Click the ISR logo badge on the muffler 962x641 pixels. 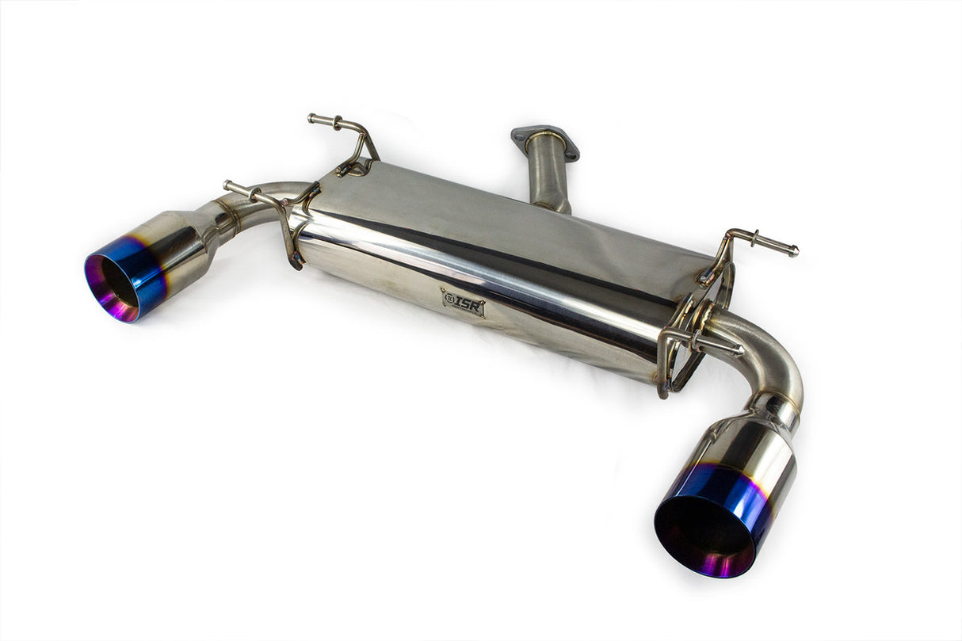[463, 302]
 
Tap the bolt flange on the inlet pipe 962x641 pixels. [545, 141]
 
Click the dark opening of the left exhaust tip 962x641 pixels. [117, 281]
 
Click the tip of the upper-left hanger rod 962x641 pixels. [312, 119]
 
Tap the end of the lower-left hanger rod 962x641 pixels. [228, 185]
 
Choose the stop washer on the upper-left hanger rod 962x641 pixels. [338, 123]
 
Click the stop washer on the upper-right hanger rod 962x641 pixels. [756, 238]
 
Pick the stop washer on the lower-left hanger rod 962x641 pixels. [253, 193]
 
